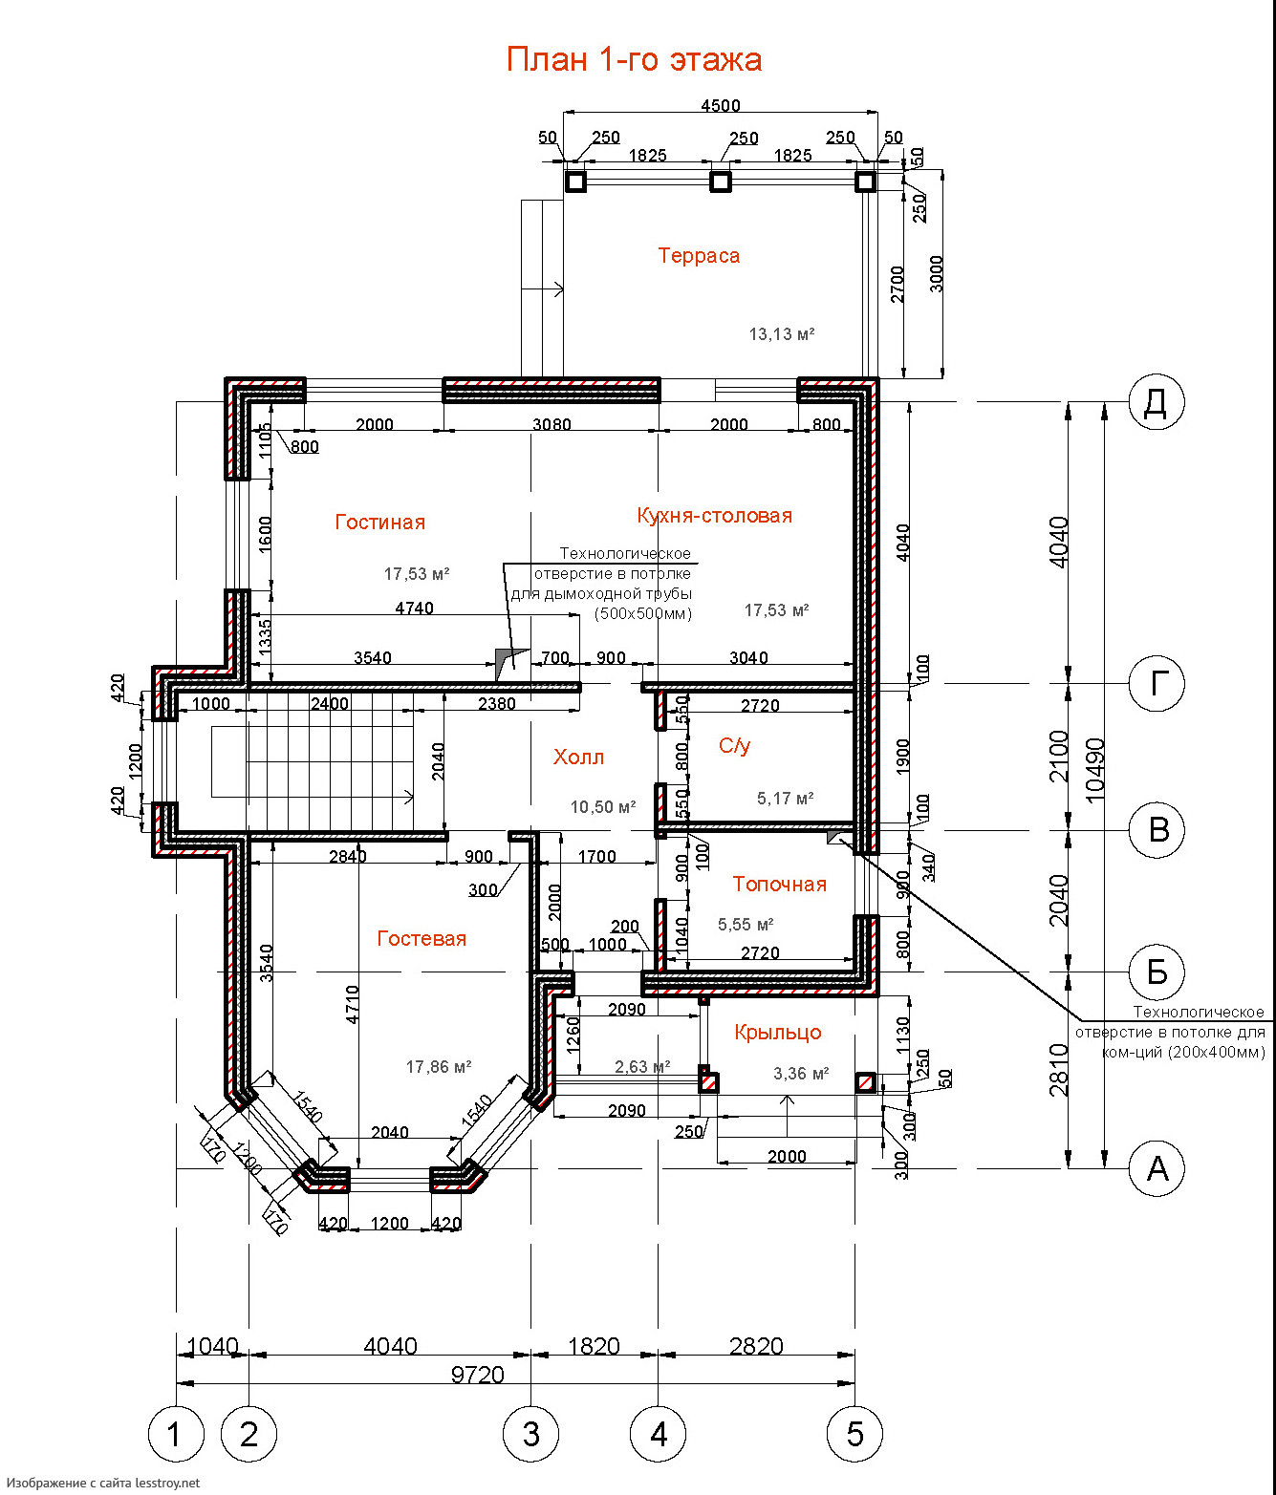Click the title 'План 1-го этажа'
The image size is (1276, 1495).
634,59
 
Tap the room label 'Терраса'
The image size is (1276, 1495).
699,256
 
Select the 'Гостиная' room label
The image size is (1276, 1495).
380,523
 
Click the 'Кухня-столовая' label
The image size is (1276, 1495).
714,516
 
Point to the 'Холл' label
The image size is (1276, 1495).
578,758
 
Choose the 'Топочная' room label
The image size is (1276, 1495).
780,884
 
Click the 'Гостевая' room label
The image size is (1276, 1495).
422,939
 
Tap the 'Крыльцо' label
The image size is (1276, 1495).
778,1032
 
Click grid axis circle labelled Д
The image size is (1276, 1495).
1157,402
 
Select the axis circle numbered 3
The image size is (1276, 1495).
531,1434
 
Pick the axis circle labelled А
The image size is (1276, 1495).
1157,1168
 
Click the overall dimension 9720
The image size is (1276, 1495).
477,1375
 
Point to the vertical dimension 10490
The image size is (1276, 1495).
1095,769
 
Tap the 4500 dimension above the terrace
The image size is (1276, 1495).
720,106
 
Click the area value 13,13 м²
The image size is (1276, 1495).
782,334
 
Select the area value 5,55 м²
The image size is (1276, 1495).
746,925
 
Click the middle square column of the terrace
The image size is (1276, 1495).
720,181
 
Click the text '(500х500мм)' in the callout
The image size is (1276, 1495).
642,614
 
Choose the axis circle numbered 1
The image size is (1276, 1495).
176,1434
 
